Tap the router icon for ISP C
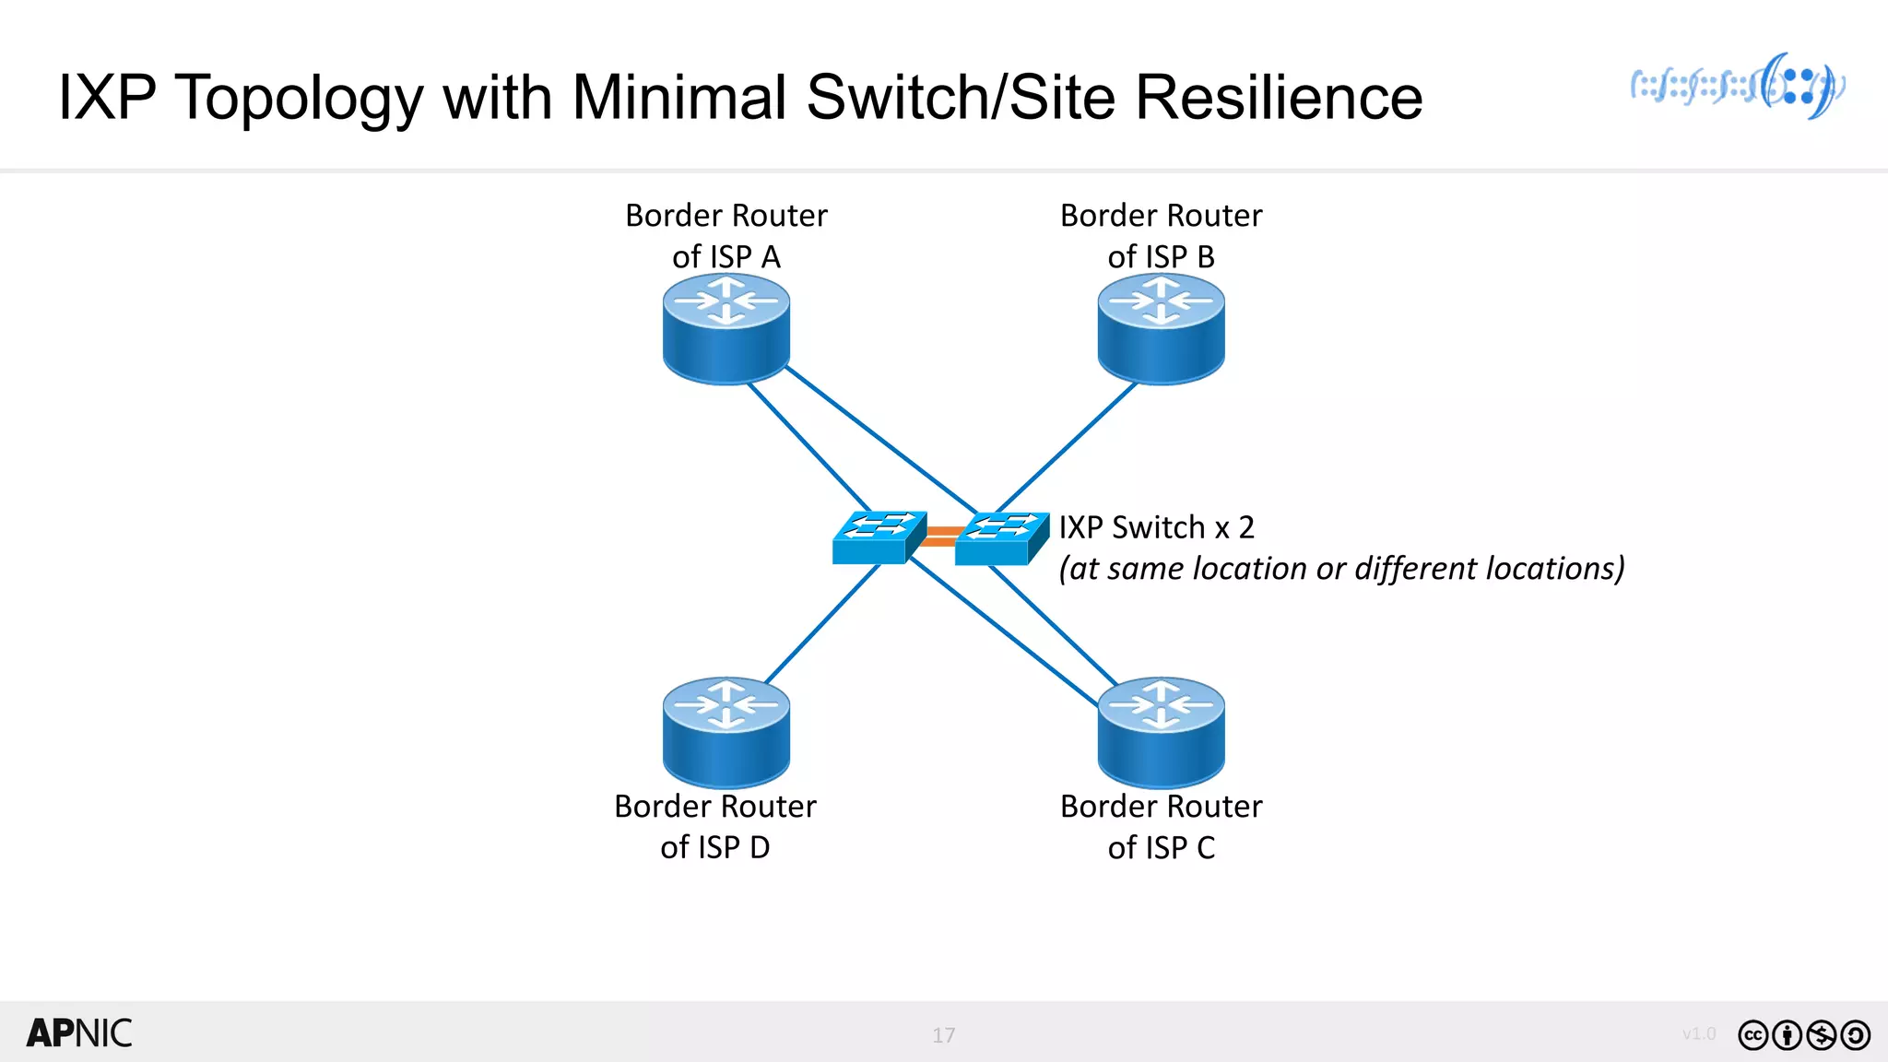1161,733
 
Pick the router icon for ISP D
726,733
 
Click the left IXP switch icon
877,538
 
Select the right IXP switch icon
1000,539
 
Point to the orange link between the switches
940,537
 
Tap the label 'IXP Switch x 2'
1156,527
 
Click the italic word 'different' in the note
1415,569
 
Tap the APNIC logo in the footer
79,1033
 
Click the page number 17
943,1035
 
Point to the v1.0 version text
1698,1033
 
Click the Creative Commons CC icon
1752,1035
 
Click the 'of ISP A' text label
726,257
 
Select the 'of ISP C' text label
1161,847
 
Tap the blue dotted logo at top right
1738,87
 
